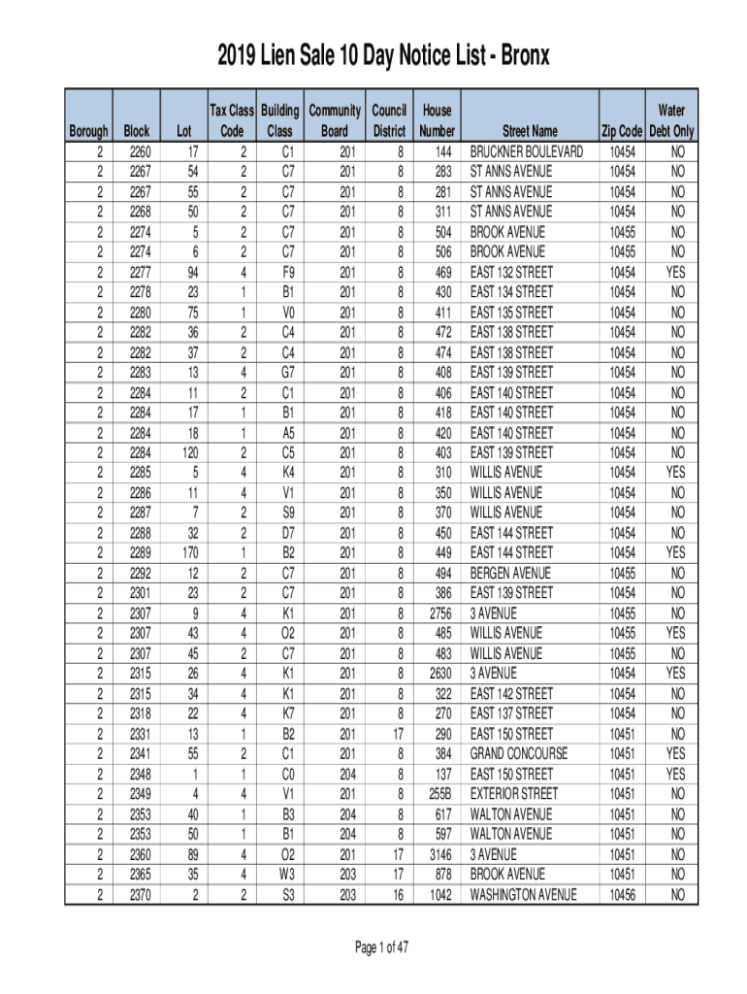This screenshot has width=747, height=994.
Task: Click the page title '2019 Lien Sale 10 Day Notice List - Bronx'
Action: [373, 56]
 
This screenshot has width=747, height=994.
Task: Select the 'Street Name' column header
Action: [530, 131]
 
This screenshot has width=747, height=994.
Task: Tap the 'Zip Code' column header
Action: [622, 131]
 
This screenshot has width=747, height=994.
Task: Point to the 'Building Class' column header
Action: [279, 121]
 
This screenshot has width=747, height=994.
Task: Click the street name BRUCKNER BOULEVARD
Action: [527, 152]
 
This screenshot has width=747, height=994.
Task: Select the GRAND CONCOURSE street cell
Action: [519, 753]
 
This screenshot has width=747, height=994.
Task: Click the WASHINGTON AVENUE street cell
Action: [524, 895]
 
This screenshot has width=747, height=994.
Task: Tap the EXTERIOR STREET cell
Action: [514, 794]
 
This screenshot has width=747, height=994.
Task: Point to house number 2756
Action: [436, 613]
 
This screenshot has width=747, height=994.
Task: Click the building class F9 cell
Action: [287, 273]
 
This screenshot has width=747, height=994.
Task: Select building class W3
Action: [287, 875]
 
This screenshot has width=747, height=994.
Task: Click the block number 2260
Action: [140, 152]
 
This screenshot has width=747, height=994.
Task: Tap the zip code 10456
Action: [622, 895]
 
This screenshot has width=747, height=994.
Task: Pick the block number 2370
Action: [140, 895]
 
